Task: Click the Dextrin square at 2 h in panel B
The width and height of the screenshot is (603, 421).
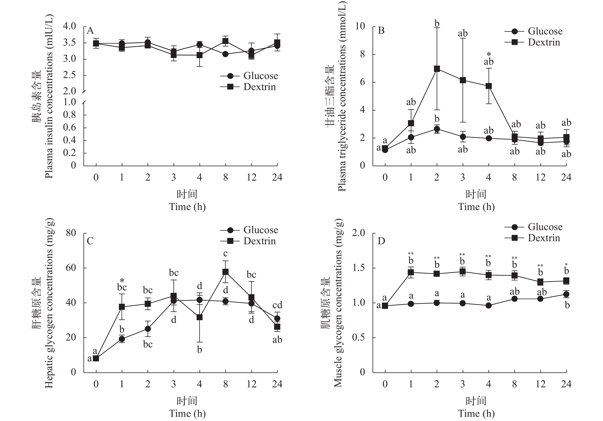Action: pos(437,69)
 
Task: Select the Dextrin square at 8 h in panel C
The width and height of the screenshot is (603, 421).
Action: pos(225,272)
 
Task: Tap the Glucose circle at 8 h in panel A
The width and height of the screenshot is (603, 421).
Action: pos(225,54)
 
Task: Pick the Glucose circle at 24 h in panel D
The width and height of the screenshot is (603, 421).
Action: pos(566,294)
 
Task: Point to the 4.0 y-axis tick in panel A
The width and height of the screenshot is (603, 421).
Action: pos(69,26)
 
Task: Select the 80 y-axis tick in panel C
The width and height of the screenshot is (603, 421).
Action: pos(71,233)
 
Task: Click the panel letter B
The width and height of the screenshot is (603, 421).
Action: pos(381,31)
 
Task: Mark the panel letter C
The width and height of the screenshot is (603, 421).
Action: pos(90,241)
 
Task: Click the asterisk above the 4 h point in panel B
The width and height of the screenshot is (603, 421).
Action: pos(489,55)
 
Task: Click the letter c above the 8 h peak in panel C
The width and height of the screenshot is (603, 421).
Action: pos(225,254)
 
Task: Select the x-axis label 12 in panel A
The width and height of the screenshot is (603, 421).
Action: pos(251,178)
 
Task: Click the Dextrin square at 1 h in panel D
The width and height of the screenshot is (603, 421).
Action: pos(411,272)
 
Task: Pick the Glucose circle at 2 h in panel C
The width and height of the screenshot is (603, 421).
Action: pos(148,329)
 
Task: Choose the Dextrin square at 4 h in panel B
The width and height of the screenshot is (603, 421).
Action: pos(489,86)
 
